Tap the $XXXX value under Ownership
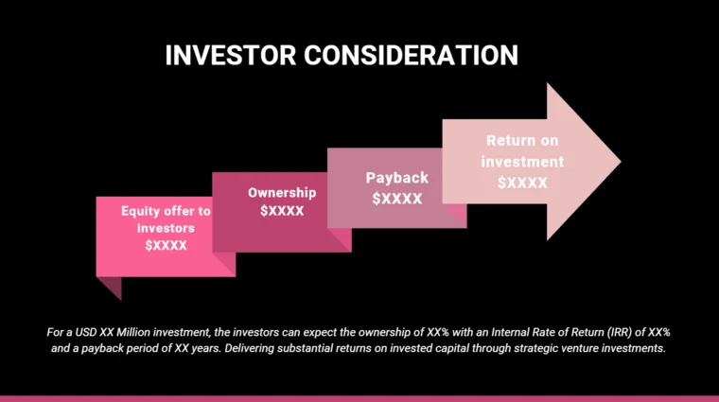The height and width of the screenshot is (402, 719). (282, 210)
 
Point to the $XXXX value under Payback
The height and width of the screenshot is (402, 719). (396, 198)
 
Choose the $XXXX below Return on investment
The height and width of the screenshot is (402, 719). (523, 182)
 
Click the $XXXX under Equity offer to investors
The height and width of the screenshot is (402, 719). (166, 245)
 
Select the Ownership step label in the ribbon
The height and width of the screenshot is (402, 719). (282, 192)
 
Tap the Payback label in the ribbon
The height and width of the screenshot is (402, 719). (397, 178)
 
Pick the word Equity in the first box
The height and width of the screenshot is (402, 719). (140, 211)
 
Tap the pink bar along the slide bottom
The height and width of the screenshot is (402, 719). (359, 398)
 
